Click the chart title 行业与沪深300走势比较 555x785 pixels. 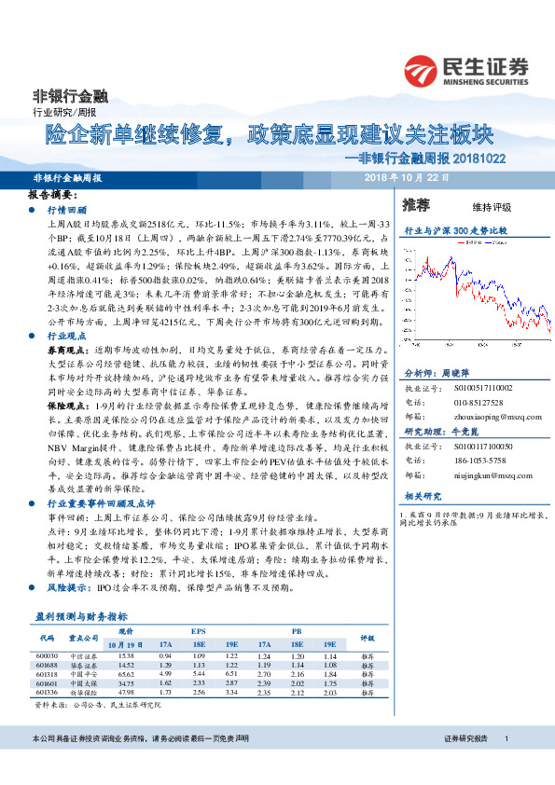point(454,228)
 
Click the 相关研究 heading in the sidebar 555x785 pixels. point(423,498)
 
